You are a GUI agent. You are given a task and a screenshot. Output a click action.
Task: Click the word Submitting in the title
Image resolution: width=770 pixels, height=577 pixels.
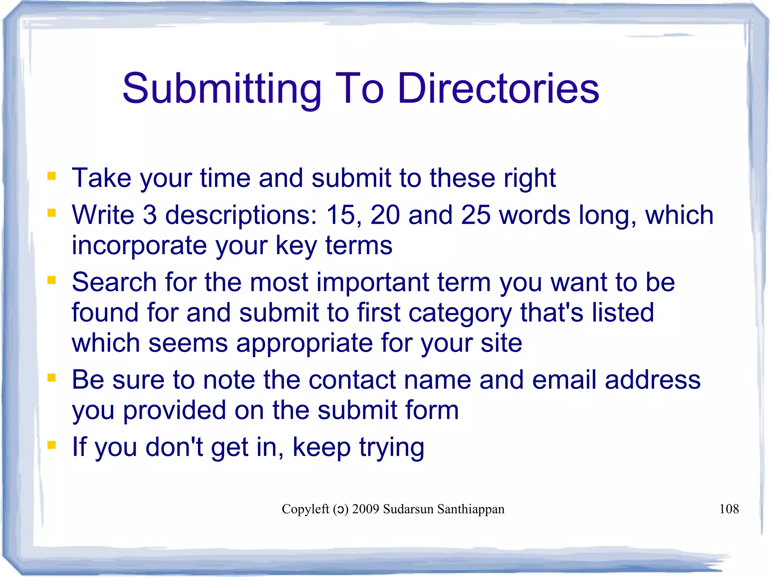pos(222,89)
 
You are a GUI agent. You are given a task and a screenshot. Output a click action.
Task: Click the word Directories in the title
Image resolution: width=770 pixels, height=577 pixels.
pos(498,89)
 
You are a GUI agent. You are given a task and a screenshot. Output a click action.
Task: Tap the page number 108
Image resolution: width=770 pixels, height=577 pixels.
pos(729,509)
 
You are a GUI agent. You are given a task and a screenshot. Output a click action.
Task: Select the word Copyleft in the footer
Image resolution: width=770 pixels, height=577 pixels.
pos(305,509)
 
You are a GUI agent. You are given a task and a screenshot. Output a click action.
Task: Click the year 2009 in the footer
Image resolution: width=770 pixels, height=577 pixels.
pos(365,509)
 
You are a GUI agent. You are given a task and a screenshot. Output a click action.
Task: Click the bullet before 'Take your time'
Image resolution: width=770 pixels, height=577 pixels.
pos(52,176)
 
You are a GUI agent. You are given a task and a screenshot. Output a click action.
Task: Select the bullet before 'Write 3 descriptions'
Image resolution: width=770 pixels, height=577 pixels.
pos(52,213)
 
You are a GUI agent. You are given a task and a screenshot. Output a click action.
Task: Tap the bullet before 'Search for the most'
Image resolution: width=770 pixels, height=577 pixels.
pos(52,280)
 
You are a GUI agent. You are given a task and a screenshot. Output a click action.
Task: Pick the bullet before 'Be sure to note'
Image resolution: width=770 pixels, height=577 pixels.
pos(52,377)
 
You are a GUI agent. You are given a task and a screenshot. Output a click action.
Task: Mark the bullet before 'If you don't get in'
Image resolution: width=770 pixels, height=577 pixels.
pos(52,445)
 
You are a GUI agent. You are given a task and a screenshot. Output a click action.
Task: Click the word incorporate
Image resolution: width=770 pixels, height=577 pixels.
pos(139,246)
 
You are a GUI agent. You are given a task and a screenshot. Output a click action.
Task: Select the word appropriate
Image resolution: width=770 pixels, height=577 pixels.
pos(304,344)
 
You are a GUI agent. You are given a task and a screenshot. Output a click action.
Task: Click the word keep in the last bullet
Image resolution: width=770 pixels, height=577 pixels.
pos(321,448)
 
